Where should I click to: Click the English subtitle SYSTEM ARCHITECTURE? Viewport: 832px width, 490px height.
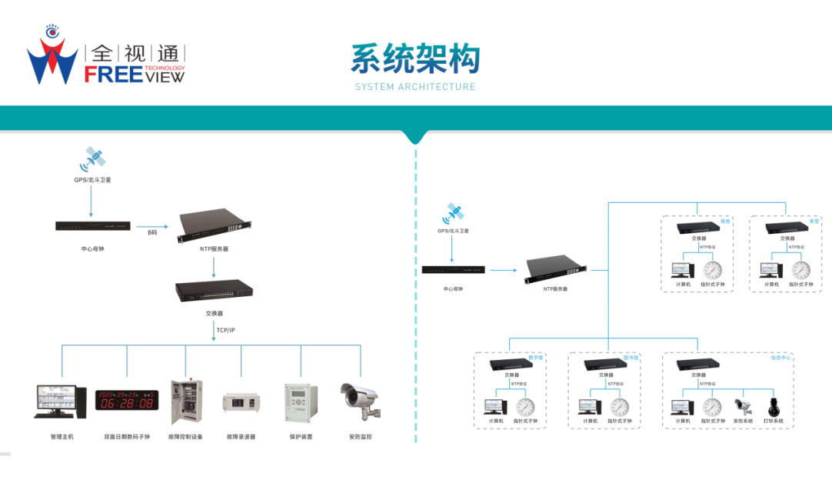(x=415, y=87)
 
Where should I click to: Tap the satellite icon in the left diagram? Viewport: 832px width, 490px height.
(x=93, y=159)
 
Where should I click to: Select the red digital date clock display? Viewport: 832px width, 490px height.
(x=126, y=399)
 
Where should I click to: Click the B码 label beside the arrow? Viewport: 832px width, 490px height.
(x=153, y=232)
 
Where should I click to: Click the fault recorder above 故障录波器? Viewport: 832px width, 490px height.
(x=241, y=402)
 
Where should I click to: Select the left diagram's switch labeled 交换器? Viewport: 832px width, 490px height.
(x=214, y=291)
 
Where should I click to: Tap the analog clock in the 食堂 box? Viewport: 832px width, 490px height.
(x=801, y=270)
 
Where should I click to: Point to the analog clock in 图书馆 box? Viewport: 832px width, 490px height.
(x=620, y=407)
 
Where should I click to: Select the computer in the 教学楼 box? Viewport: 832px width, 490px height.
(x=495, y=407)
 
